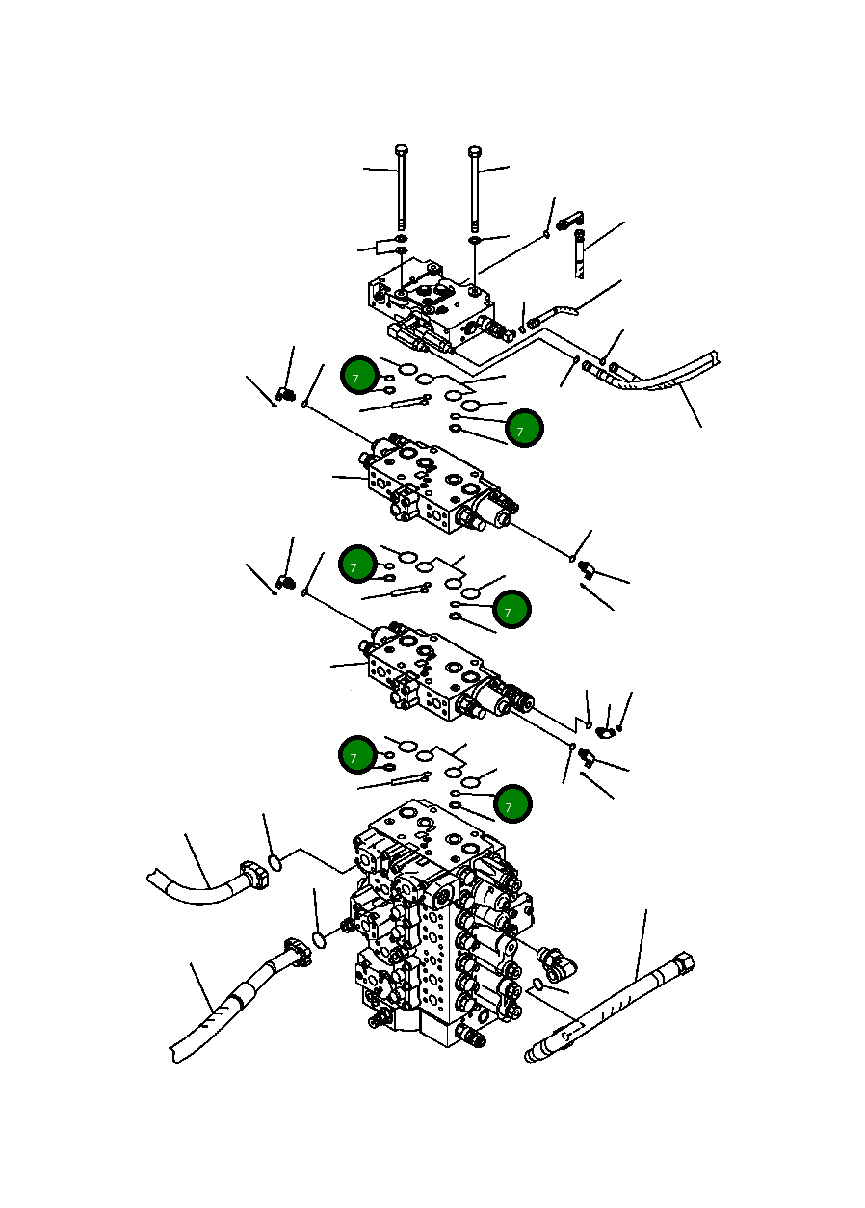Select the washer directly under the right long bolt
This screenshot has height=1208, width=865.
[x=475, y=239]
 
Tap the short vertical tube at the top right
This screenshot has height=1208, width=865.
[x=580, y=251]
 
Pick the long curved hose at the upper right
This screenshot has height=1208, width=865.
[x=665, y=376]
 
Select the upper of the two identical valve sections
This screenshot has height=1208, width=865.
[x=438, y=486]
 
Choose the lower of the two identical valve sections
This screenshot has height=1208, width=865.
[x=438, y=674]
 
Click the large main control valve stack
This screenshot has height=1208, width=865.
[x=433, y=925]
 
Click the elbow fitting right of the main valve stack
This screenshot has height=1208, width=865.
[x=556, y=959]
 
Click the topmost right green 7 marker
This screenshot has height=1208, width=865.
[x=525, y=428]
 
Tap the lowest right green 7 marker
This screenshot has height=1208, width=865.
[x=512, y=803]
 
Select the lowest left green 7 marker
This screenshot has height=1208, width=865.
[x=357, y=755]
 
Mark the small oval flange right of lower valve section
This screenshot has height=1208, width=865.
[x=606, y=732]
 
